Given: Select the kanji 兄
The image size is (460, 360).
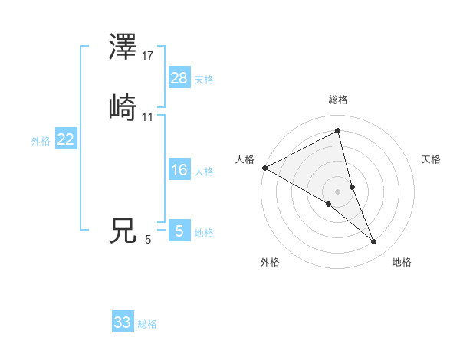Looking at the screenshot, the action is pyautogui.click(x=123, y=231).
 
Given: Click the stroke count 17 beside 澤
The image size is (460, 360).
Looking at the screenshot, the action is pyautogui.click(x=148, y=56).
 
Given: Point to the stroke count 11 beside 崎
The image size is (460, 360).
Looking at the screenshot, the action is pyautogui.click(x=148, y=117).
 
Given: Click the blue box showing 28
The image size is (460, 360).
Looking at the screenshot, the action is pyautogui.click(x=179, y=78).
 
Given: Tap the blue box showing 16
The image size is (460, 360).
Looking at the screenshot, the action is pyautogui.click(x=179, y=170).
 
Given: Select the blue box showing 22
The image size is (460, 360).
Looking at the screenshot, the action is pyautogui.click(x=66, y=139).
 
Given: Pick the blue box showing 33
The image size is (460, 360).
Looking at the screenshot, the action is pyautogui.click(x=123, y=322).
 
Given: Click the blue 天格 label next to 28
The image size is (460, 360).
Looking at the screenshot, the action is pyautogui.click(x=204, y=80).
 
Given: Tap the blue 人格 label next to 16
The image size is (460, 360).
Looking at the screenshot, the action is pyautogui.click(x=204, y=172).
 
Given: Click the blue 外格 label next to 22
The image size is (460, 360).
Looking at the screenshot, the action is pyautogui.click(x=41, y=141).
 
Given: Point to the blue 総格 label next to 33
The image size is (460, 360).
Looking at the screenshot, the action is pyautogui.click(x=147, y=324).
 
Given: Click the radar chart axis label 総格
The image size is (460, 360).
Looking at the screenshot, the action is pyautogui.click(x=338, y=100).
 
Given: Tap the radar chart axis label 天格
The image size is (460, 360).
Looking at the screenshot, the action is pyautogui.click(x=432, y=159).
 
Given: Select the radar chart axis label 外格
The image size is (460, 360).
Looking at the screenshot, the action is pyautogui.click(x=270, y=262).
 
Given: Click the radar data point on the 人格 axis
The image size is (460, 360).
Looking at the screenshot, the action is pyautogui.click(x=264, y=168).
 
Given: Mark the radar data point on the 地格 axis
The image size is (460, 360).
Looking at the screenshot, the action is pyautogui.click(x=374, y=242).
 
